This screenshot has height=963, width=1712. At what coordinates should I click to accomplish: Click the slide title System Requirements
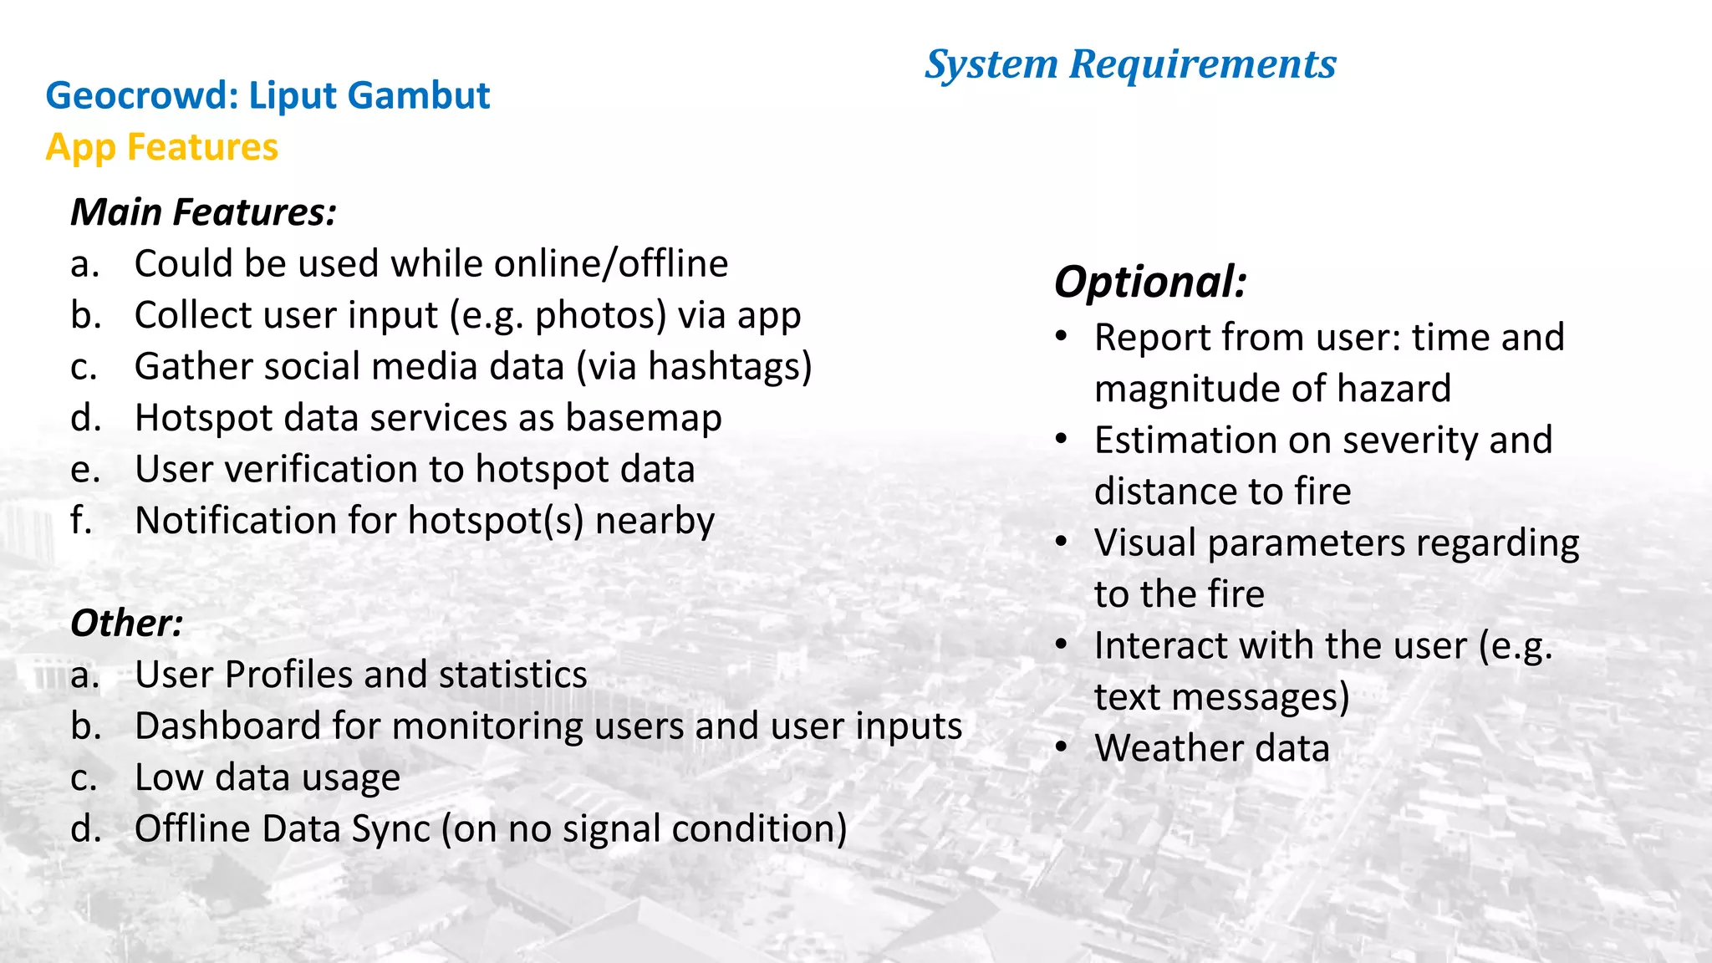[x=1130, y=64]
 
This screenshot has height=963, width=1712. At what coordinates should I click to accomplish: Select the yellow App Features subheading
[x=161, y=147]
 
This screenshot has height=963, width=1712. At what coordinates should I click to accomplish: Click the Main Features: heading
[x=203, y=212]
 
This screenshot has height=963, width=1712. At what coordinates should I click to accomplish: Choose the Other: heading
[x=126, y=624]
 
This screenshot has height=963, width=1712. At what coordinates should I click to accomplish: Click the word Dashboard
[x=227, y=726]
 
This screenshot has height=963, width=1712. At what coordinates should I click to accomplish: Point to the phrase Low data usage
[x=267, y=778]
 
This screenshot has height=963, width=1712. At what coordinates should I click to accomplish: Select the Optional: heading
[x=1150, y=282]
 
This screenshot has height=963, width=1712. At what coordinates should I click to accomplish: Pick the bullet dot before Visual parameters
[x=1062, y=541]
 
